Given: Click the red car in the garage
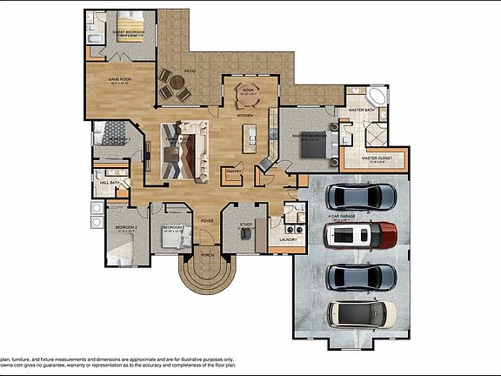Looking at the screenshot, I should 359,235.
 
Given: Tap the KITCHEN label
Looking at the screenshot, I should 245,115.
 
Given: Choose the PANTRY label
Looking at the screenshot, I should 233,171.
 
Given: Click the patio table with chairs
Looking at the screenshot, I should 177,86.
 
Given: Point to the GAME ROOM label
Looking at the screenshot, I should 119,79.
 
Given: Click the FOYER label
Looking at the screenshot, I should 207,221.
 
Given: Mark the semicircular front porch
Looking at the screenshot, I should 207,272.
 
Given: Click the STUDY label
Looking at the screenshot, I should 245,225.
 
